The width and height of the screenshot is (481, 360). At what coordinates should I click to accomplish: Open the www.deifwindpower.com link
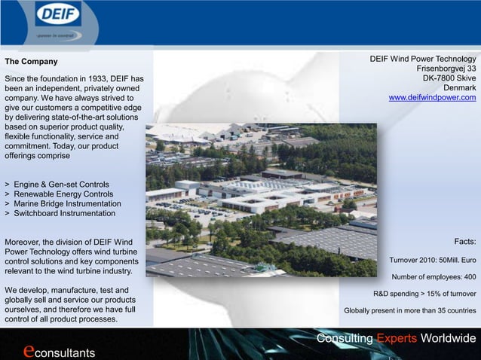(432, 98)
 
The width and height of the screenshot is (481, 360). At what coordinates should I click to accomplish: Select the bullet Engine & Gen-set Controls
(60, 185)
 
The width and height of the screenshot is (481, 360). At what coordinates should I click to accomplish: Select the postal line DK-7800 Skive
(449, 78)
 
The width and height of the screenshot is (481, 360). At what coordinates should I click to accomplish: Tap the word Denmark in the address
(459, 88)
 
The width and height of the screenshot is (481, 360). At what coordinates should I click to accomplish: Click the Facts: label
(464, 242)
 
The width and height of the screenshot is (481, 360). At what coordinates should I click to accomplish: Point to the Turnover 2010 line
(432, 261)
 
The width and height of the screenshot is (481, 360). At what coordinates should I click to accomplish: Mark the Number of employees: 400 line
(434, 276)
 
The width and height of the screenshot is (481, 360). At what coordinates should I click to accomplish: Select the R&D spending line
(424, 294)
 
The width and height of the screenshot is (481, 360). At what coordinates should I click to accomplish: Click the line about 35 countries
(409, 310)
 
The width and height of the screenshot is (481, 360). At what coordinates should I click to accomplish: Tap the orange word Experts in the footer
(397, 338)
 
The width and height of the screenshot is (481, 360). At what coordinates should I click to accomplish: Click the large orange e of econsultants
(29, 350)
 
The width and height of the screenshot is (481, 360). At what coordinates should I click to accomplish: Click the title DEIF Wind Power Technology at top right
(422, 59)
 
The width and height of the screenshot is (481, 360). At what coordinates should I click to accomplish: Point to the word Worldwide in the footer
(449, 338)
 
